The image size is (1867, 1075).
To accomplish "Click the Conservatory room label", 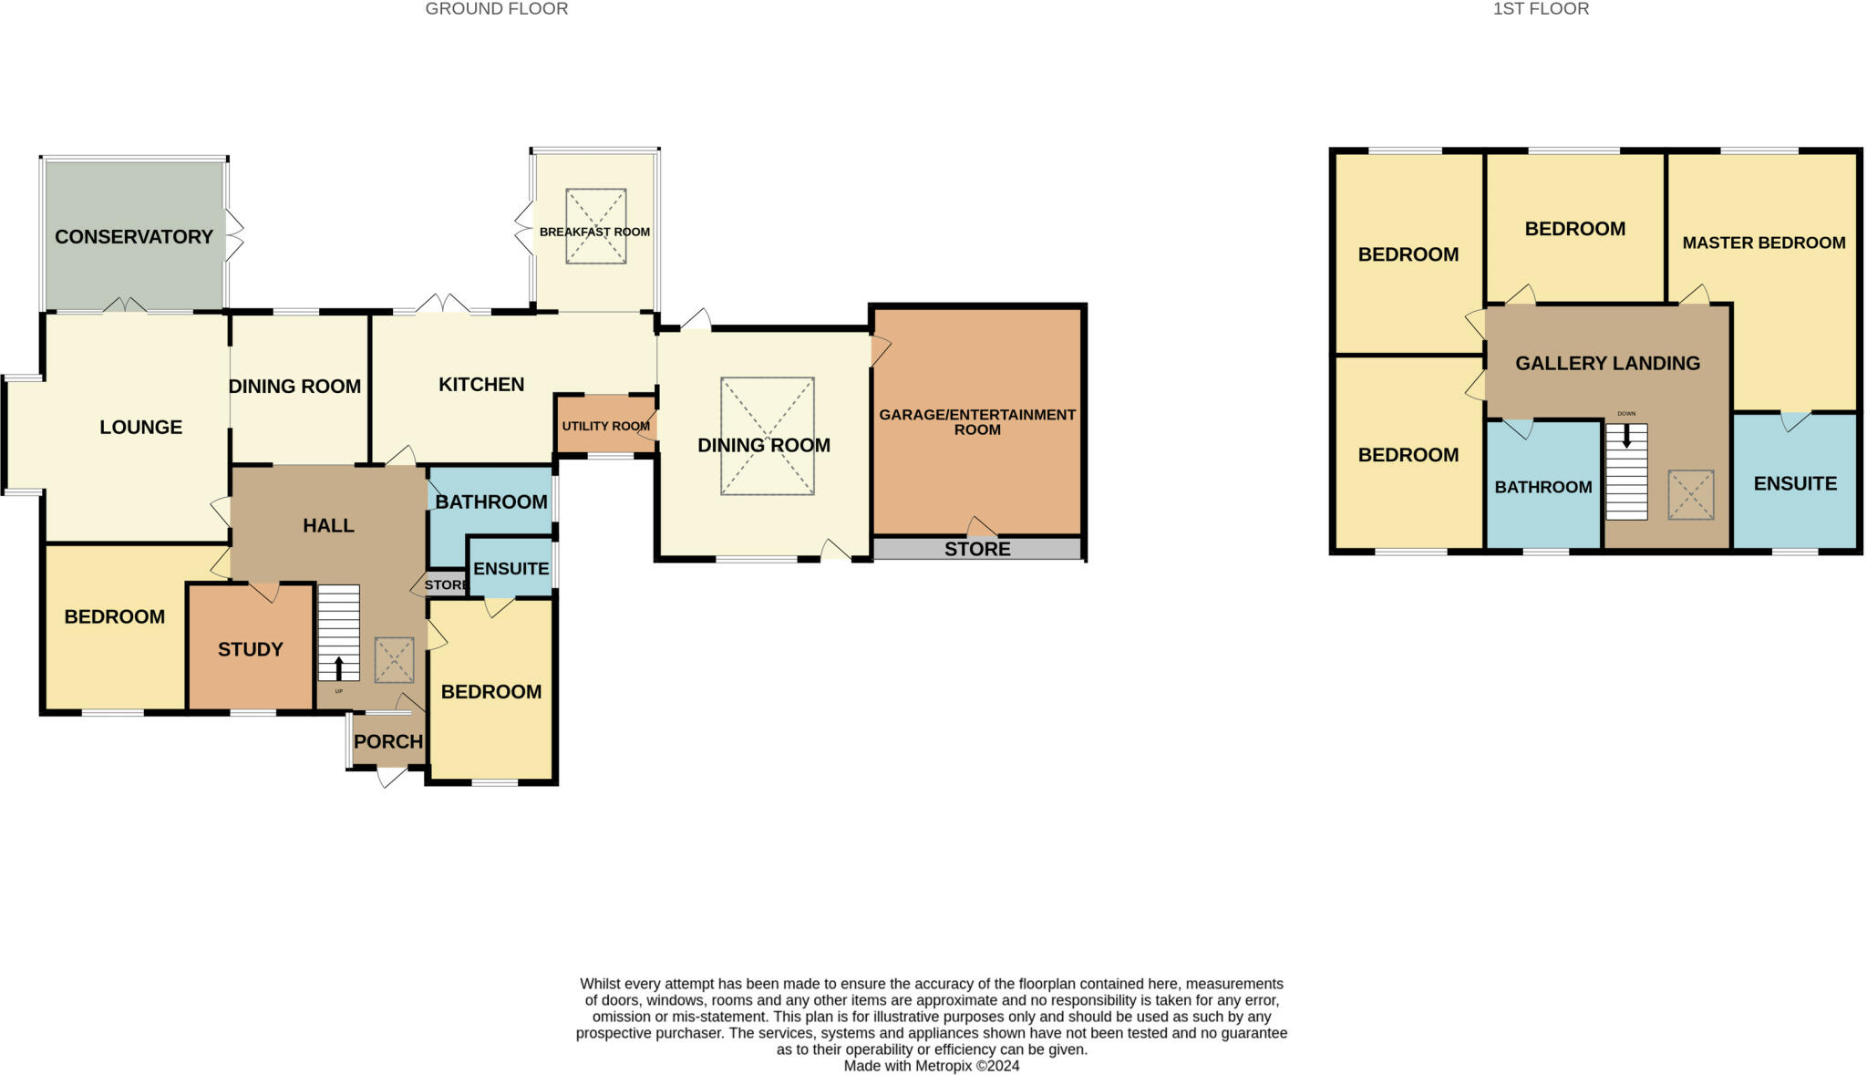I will pyautogui.click(x=134, y=237).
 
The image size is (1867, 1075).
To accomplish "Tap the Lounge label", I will pyautogui.click(x=141, y=427).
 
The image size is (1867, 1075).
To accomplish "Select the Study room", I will pyautogui.click(x=251, y=649).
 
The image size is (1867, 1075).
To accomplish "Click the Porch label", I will pyautogui.click(x=388, y=741).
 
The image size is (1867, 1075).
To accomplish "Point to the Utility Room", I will pyautogui.click(x=605, y=426).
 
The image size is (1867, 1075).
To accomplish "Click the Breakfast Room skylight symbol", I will pyautogui.click(x=595, y=226).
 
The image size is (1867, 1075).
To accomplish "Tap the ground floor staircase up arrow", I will pyautogui.click(x=339, y=668).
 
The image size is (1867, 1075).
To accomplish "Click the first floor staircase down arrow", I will pyautogui.click(x=1626, y=435).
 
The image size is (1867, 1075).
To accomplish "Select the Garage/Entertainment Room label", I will pyautogui.click(x=977, y=421).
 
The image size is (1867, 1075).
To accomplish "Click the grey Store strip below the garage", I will pyautogui.click(x=977, y=549).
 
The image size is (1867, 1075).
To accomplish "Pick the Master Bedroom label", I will pyautogui.click(x=1763, y=243).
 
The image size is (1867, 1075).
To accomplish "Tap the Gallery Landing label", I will pyautogui.click(x=1607, y=363).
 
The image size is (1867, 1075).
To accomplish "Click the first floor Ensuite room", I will pyautogui.click(x=1795, y=483).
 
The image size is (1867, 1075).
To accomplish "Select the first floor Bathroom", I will pyautogui.click(x=1542, y=487).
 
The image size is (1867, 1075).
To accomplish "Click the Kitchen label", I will pyautogui.click(x=481, y=385).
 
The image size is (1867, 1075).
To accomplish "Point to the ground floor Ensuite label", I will pyautogui.click(x=511, y=568).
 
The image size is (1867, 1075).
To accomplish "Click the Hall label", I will pyautogui.click(x=328, y=525).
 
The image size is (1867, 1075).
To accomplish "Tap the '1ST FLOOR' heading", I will pyautogui.click(x=1541, y=9).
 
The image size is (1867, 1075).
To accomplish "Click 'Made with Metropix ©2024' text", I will pyautogui.click(x=931, y=1066).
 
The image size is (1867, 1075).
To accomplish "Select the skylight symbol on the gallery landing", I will pyautogui.click(x=1690, y=495).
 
